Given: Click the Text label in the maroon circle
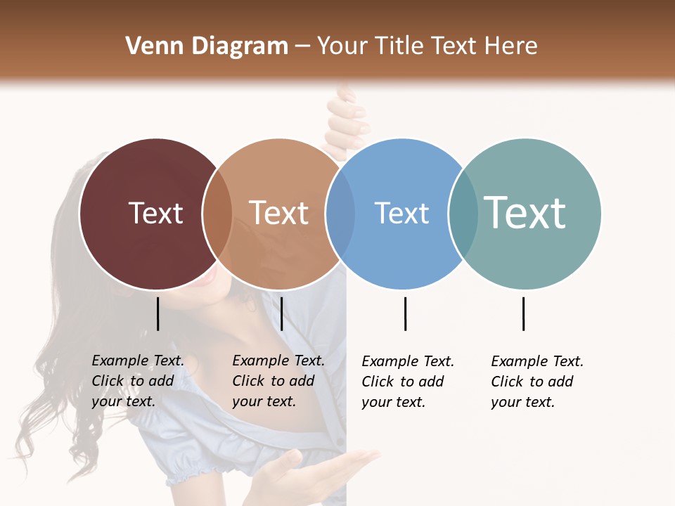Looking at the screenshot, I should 155,213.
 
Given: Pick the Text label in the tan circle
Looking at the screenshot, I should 278,213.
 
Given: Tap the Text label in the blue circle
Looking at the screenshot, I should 401,213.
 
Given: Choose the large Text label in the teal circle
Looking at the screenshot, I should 525,213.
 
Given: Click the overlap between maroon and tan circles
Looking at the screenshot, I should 217,214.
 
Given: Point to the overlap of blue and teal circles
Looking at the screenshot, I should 463,214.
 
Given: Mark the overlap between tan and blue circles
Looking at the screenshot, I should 340,214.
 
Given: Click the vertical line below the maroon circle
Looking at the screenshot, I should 157,313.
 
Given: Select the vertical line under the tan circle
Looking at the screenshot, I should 281,313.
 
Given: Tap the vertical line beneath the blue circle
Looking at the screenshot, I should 405,313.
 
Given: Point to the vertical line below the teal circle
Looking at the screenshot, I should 523,313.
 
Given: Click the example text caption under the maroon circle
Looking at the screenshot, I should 137,381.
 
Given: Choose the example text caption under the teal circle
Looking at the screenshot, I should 536,382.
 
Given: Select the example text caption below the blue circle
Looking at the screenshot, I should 407,382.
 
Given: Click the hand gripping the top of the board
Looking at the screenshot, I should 348,119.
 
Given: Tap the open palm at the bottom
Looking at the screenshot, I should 330,467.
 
